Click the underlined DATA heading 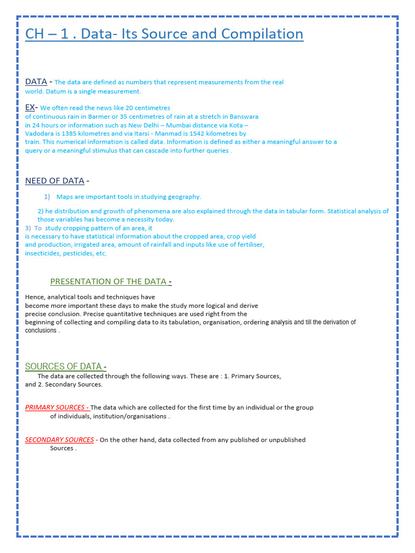point(36,82)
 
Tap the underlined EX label point(30,107)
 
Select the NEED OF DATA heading point(55,181)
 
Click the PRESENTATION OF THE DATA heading point(109,281)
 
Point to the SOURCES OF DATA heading point(63,367)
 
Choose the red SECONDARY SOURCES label point(59,440)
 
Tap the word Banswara point(244,117)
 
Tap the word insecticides point(42,253)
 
